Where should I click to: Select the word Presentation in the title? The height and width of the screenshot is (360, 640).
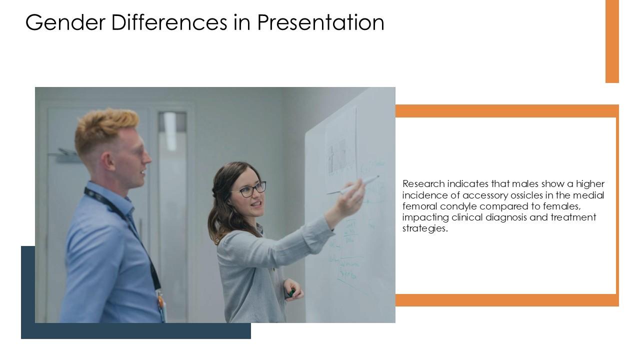pos(320,22)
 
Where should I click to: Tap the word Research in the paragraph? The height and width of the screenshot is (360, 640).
pos(423,184)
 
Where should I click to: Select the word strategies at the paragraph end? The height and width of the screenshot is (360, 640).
pos(424,228)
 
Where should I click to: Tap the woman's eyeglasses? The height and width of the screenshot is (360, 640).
pos(252,189)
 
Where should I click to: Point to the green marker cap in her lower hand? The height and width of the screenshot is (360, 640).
pos(291,293)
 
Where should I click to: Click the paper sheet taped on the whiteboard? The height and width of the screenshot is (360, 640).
pos(341,150)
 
